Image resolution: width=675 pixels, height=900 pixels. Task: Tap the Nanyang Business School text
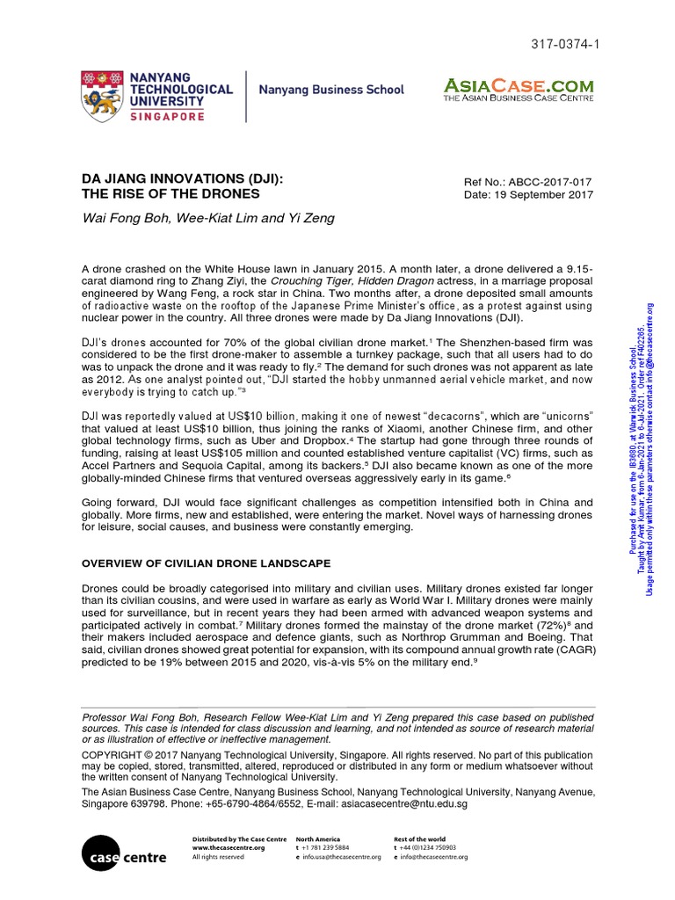click(x=331, y=90)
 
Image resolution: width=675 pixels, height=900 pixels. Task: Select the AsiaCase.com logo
click(x=519, y=89)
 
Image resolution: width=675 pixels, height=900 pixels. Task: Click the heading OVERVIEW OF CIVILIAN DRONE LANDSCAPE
click(x=206, y=563)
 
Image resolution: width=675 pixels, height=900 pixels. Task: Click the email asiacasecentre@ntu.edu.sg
click(x=398, y=804)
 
